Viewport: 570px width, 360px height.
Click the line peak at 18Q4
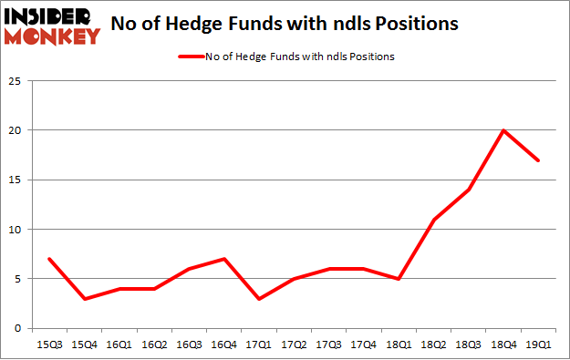pos(503,130)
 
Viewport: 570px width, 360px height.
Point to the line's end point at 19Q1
pos(538,160)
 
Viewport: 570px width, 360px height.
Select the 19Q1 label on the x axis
pos(538,344)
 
